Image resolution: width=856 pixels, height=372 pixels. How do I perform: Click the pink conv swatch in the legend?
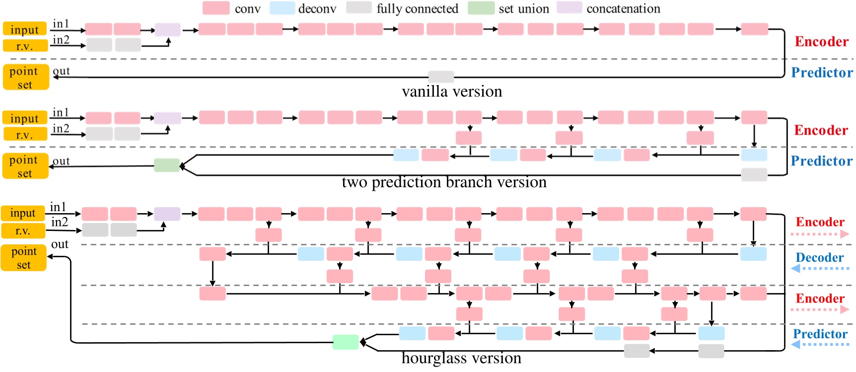pyautogui.click(x=216, y=8)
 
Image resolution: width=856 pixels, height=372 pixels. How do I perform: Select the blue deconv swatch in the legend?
pyautogui.click(x=282, y=8)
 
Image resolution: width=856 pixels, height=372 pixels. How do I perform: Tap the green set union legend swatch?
pyautogui.click(x=481, y=8)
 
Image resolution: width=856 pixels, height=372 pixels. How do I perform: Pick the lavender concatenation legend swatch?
pyautogui.click(x=569, y=8)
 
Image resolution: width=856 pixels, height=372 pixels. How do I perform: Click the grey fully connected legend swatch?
pyautogui.click(x=358, y=8)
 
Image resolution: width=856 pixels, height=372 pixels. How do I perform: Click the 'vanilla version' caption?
pyautogui.click(x=452, y=91)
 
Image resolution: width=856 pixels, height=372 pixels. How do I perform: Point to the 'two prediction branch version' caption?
pyautogui.click(x=444, y=182)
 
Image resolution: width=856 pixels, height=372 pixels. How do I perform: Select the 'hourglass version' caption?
pyautogui.click(x=461, y=358)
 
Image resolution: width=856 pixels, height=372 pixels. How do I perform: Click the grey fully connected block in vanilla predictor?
pyautogui.click(x=441, y=76)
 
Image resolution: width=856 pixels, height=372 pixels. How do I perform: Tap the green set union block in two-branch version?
pyautogui.click(x=167, y=165)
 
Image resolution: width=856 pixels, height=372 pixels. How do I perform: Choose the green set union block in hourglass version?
pyautogui.click(x=345, y=342)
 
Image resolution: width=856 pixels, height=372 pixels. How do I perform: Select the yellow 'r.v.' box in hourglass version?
pyautogui.click(x=23, y=230)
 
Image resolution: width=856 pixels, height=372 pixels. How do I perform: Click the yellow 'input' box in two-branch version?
pyautogui.click(x=25, y=118)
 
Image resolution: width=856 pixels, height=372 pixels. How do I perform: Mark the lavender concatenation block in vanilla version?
pyautogui.click(x=168, y=30)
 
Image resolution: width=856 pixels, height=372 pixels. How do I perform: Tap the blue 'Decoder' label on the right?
pyautogui.click(x=819, y=257)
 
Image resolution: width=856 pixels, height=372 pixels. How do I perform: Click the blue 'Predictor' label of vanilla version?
pyautogui.click(x=822, y=73)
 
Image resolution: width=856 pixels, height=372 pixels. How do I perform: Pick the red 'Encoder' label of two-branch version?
pyautogui.click(x=821, y=130)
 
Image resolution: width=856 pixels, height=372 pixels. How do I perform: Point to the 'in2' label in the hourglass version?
pyautogui.click(x=60, y=222)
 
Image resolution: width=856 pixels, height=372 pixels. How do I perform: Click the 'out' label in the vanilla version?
pyautogui.click(x=62, y=71)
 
